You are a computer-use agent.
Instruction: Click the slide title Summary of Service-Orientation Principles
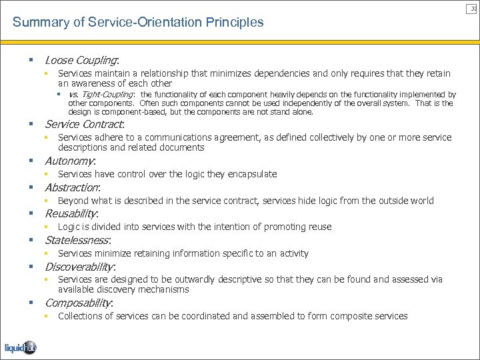pos(138,22)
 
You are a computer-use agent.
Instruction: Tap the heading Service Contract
pos(84,124)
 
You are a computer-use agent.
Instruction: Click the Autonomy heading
pos(70,161)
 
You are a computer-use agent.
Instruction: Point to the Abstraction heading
pos(72,187)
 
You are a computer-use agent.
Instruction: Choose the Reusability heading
pos(71,213)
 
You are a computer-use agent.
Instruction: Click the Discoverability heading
pos(79,267)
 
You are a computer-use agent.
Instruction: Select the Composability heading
pos(79,303)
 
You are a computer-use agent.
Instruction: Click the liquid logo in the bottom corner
pos(21,347)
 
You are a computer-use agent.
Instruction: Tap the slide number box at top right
pos(474,7)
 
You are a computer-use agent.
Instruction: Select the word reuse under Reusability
pos(319,227)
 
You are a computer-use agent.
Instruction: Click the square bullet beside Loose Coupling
pos(31,60)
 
